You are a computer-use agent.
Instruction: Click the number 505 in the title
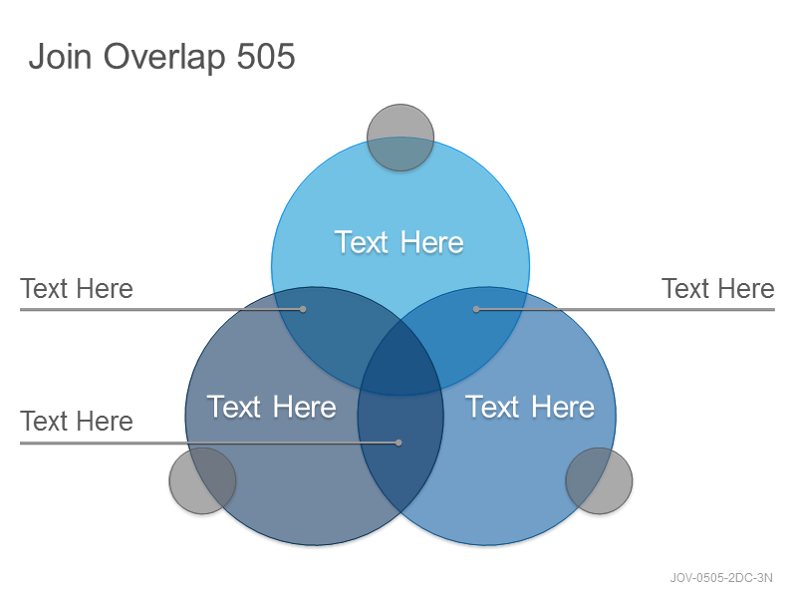266,56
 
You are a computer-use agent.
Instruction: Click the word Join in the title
60,56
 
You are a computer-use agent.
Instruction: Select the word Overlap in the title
164,57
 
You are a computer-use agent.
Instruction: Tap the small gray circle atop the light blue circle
400,138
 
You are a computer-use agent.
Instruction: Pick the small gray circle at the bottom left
202,480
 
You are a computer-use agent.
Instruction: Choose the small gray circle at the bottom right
600,480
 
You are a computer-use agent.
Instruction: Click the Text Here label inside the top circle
399,242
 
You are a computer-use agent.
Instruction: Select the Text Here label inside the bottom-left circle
271,407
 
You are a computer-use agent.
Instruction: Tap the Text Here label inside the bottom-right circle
530,407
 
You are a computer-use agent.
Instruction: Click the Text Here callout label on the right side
717,289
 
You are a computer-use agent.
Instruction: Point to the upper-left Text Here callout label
77,289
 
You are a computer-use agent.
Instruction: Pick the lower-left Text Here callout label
77,421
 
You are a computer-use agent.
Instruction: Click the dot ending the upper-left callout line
303,309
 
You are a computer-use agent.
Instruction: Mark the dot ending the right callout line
476,309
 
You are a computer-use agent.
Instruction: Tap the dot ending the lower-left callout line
398,443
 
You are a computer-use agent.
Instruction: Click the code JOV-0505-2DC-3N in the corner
721,578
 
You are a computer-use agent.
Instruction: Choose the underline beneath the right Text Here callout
626,309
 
